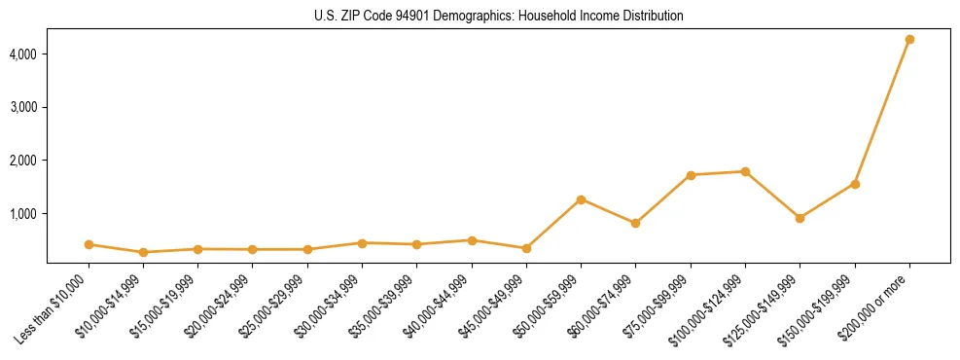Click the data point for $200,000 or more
(x=909, y=40)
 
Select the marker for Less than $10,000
(x=89, y=244)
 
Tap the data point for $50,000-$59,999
(x=581, y=199)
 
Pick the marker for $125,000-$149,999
(x=800, y=218)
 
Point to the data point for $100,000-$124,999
(x=745, y=171)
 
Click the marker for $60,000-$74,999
(x=635, y=223)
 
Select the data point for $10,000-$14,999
(x=143, y=252)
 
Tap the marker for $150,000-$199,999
(x=855, y=184)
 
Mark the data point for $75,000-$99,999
(x=691, y=175)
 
